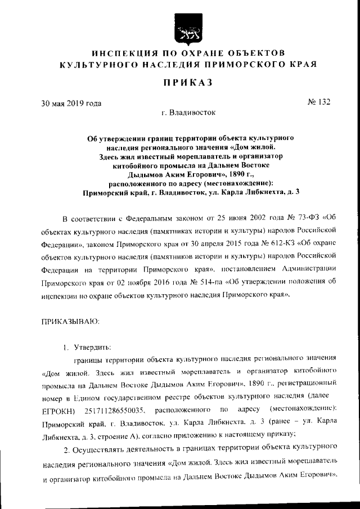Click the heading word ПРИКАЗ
(187, 83)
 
